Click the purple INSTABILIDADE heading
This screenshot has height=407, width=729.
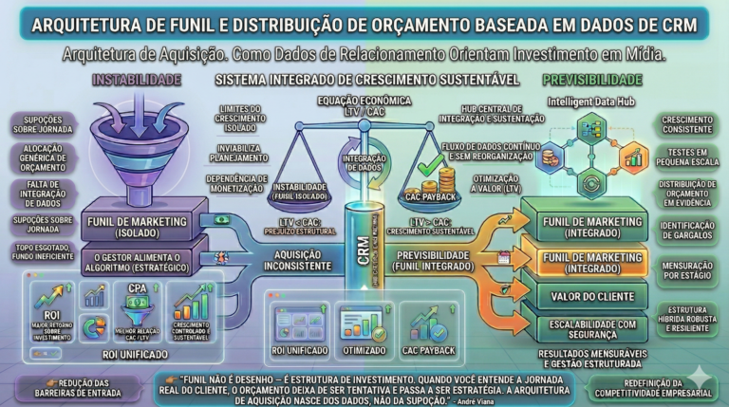138,81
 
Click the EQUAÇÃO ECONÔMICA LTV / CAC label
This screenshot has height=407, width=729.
364,107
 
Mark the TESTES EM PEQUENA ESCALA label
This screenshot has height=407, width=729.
686,157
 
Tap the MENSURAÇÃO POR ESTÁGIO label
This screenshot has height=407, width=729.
686,273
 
